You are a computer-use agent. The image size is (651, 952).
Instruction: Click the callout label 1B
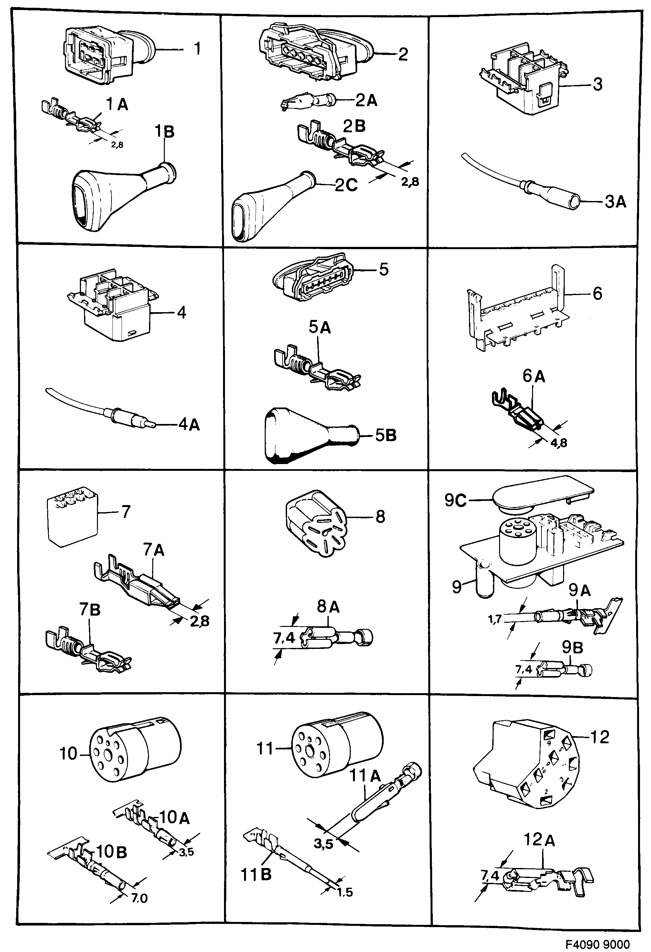click(x=164, y=132)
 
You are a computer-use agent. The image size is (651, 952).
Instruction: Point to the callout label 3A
click(x=615, y=202)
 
